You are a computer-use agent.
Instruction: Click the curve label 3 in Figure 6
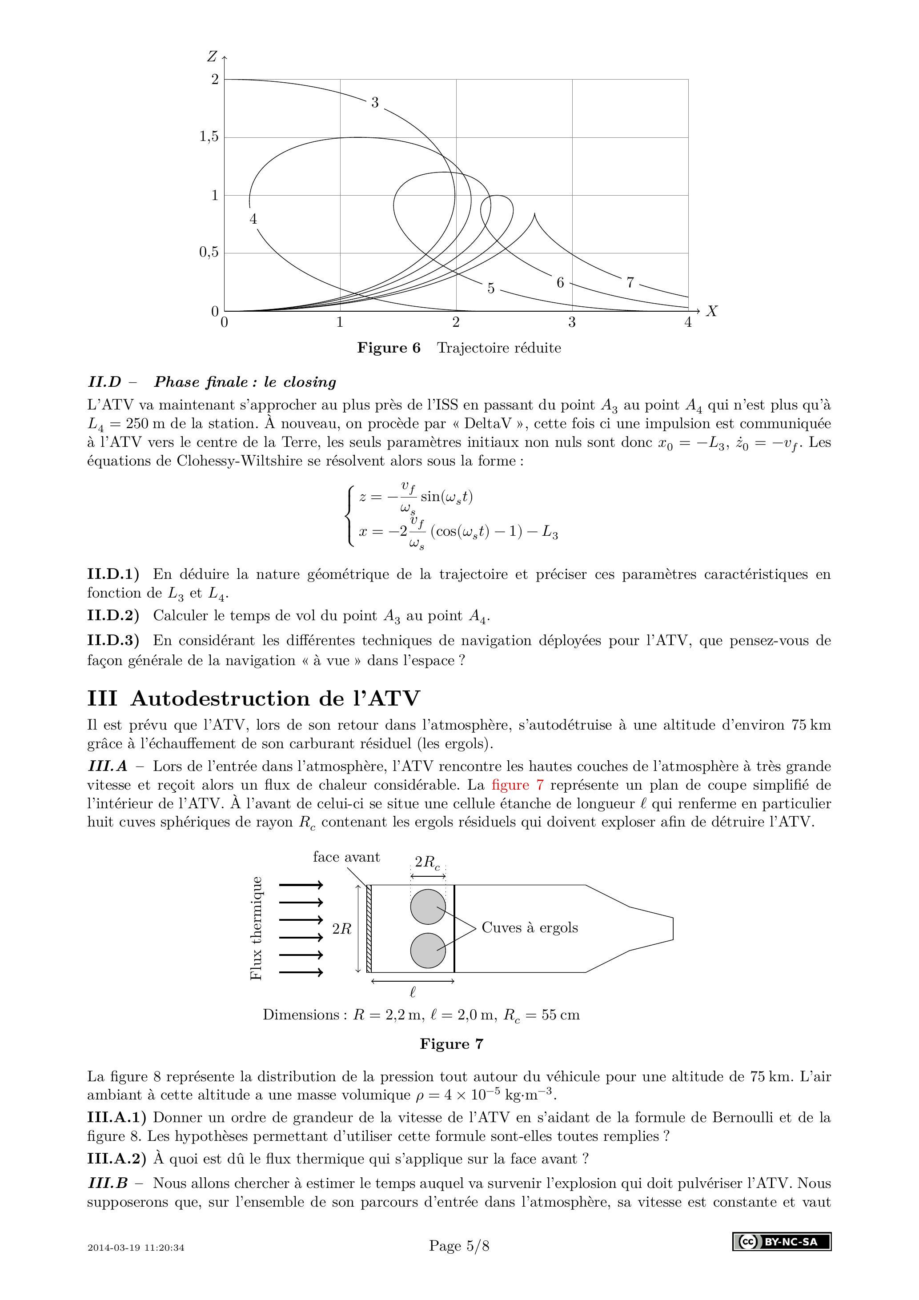point(374,103)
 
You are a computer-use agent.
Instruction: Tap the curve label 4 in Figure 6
point(253,219)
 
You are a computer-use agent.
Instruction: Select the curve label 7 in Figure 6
point(630,282)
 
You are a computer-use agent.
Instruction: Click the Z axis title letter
point(212,56)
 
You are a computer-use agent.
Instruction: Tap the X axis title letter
point(712,311)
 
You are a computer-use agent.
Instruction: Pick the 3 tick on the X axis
point(572,323)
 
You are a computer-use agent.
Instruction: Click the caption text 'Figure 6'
point(389,348)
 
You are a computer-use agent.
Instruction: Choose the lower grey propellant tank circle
point(428,950)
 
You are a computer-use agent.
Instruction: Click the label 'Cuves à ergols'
point(530,927)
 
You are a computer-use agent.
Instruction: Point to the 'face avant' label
point(346,857)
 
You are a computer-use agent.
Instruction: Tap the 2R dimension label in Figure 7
point(342,929)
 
